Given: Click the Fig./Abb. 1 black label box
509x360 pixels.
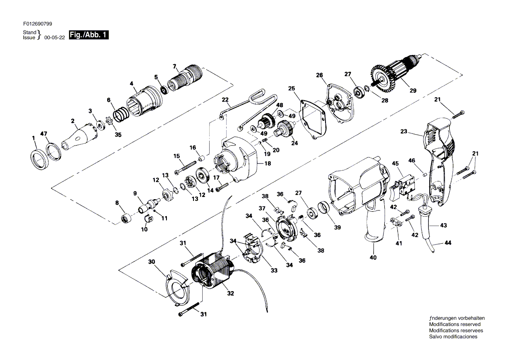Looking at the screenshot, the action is click(x=89, y=35).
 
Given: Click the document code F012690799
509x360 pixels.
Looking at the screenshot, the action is click(x=37, y=24).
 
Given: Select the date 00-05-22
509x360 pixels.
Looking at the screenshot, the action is click(x=54, y=37).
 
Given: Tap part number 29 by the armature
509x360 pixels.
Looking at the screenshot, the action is click(x=413, y=91).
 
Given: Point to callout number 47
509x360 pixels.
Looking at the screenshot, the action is click(x=44, y=133).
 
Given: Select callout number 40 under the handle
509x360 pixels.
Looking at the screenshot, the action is click(x=373, y=258).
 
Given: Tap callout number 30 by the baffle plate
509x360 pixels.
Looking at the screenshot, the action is click(x=152, y=262).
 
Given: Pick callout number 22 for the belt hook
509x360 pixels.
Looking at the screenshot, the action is click(x=225, y=100).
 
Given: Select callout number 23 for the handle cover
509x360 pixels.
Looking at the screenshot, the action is click(x=404, y=132).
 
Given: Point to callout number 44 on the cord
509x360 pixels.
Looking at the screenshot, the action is click(x=448, y=242).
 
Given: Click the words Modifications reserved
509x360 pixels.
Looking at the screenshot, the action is click(x=455, y=324).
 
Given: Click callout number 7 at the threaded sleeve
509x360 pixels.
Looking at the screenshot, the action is click(x=175, y=67).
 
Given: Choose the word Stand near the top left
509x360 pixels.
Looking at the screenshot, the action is click(x=30, y=32).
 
